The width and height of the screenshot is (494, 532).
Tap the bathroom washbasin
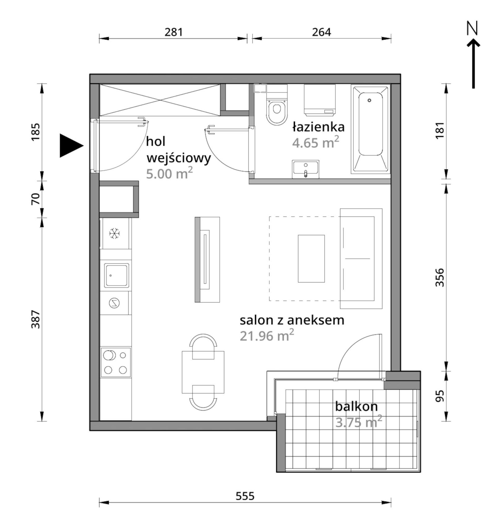tap(305, 169)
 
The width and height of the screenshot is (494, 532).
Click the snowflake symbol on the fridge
tap(114, 234)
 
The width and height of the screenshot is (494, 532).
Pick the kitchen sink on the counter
tap(116, 275)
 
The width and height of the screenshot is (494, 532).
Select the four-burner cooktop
tap(115, 363)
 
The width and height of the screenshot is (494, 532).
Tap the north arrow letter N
tap(472, 28)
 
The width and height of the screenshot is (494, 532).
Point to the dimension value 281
tap(173, 32)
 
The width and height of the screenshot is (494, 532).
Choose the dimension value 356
tap(439, 277)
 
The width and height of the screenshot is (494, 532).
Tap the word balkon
tap(356, 406)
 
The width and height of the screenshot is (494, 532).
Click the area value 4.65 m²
tap(315, 142)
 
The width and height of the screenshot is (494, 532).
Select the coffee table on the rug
tap(311, 259)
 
